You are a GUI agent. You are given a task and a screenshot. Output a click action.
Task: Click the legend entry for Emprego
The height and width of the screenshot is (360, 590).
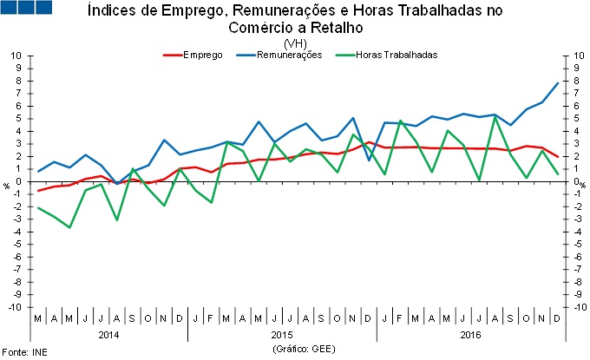coord(202,55)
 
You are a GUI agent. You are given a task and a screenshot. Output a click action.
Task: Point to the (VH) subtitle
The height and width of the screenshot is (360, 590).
coord(295,43)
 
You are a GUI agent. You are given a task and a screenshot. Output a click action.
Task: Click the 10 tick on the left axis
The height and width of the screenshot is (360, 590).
coord(16,56)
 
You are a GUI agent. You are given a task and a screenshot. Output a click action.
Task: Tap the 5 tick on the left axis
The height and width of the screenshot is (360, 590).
coord(19,119)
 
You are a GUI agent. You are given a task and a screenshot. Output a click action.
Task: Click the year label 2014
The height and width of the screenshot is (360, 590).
coord(108,334)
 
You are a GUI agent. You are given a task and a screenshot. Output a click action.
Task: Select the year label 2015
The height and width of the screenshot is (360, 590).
coord(281,334)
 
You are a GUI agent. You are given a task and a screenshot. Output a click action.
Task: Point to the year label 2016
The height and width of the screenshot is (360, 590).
coord(470,334)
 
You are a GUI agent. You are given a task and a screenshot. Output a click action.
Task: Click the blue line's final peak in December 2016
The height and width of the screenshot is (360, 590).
coord(556,82)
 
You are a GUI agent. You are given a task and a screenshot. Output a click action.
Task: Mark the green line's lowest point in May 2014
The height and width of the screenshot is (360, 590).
coord(69,227)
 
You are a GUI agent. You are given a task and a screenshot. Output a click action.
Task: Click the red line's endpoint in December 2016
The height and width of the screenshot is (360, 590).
coord(556,157)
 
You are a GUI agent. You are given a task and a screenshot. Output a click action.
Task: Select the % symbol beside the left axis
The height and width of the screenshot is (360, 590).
coord(5,185)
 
